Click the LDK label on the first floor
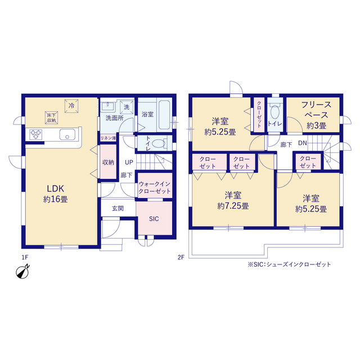(56, 189)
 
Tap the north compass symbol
(22, 272)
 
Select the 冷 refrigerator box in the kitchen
(71, 106)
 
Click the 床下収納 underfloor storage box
(51, 118)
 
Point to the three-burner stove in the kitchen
(36, 134)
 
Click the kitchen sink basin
(67, 134)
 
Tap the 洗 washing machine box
(127, 107)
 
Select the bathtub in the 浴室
(164, 115)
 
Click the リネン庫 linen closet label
(108, 138)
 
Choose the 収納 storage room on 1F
(108, 162)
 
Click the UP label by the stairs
(129, 163)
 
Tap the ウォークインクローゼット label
(155, 187)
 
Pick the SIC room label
(154, 219)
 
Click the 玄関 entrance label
(118, 209)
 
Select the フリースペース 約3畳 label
(316, 115)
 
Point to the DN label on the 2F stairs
(303, 143)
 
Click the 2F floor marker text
(181, 258)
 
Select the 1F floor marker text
(25, 258)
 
